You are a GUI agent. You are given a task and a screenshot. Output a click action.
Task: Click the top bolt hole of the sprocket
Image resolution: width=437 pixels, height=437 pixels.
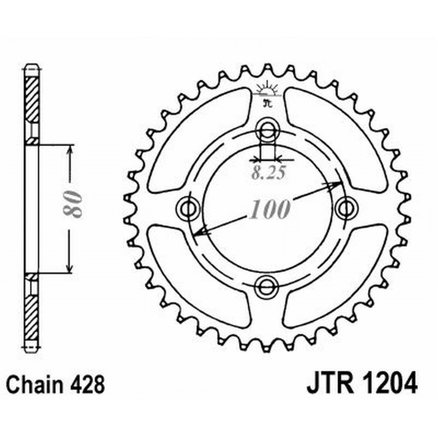(x=267, y=130)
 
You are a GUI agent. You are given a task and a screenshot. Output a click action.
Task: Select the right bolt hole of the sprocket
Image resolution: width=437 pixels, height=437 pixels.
(x=345, y=208)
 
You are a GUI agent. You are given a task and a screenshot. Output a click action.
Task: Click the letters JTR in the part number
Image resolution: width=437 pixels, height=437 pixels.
(x=326, y=385)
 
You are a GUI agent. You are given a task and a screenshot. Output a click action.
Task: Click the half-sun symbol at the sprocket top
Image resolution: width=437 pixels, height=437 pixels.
(x=267, y=88)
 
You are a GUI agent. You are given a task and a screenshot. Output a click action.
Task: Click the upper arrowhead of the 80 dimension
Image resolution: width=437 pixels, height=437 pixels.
(x=69, y=151)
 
